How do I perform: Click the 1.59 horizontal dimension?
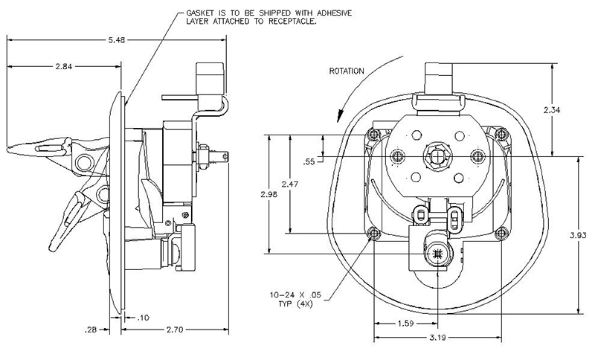point(407,324)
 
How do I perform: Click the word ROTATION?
point(346,71)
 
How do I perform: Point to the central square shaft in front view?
point(437,155)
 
